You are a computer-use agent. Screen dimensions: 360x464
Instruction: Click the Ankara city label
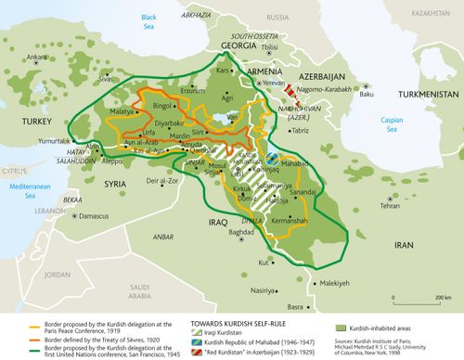[37, 58]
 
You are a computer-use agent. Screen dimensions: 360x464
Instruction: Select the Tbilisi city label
[270, 46]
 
